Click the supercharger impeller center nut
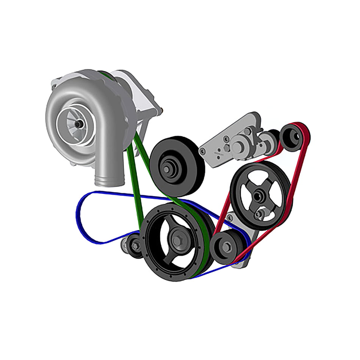pyautogui.click(x=78, y=124)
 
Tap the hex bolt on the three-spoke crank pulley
pyautogui.click(x=177, y=240)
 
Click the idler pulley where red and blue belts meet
pyautogui.click(x=227, y=247)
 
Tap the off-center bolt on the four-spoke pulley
pyautogui.click(x=260, y=214)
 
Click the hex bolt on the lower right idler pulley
pyautogui.click(x=226, y=247)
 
